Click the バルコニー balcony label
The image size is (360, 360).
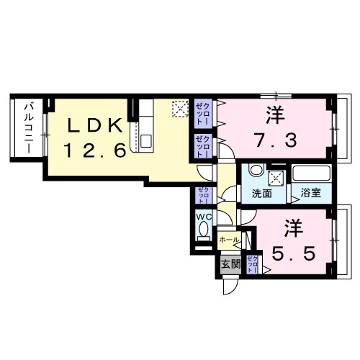point(28,127)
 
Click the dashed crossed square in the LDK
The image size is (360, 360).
point(179,110)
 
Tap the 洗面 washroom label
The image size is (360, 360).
point(261,194)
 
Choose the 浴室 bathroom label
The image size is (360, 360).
point(311,194)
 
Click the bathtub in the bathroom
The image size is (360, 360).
point(311,174)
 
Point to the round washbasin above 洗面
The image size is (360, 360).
point(254,172)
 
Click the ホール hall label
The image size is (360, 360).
point(229,238)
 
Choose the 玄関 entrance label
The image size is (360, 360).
point(230,264)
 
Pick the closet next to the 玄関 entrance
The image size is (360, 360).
point(253,263)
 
